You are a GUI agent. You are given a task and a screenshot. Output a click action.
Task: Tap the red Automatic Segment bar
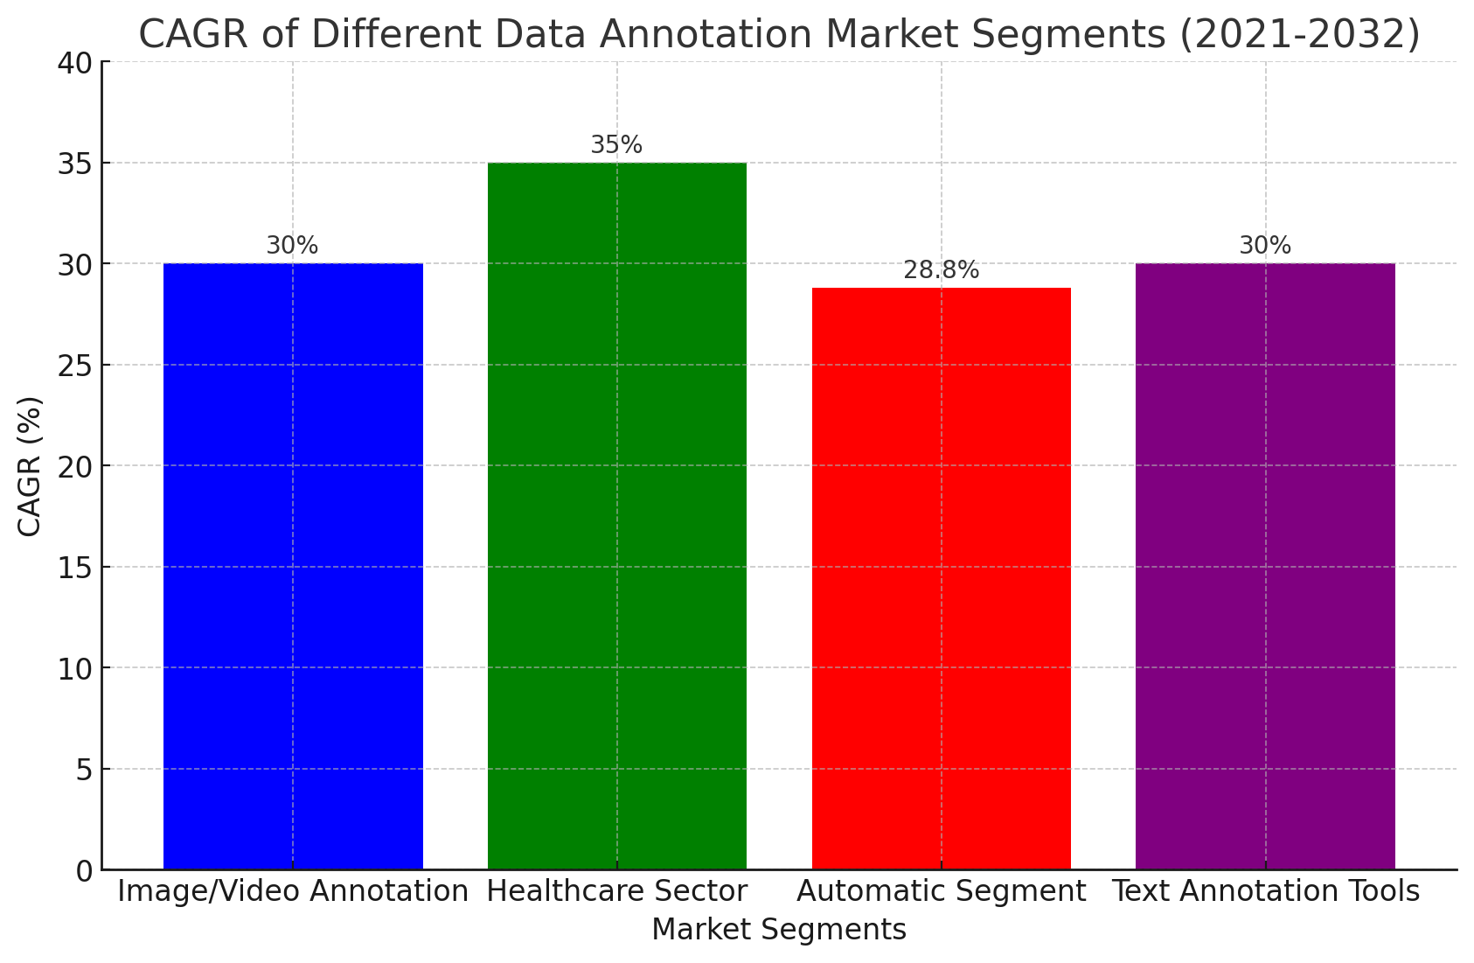(x=941, y=578)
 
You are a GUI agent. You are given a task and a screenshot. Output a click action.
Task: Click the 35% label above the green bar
(x=616, y=145)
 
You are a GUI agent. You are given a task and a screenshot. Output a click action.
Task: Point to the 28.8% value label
(x=941, y=271)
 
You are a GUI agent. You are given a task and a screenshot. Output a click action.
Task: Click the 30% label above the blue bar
(x=292, y=247)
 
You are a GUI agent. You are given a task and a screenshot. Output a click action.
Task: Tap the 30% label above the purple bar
(x=1265, y=247)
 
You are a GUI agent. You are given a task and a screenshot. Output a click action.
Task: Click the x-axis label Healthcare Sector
(x=616, y=892)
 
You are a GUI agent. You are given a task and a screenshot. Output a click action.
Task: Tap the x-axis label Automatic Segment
(x=941, y=892)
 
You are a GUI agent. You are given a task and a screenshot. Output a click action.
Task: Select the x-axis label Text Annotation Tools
(x=1265, y=892)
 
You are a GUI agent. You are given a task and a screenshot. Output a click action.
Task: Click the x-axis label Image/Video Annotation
(x=293, y=892)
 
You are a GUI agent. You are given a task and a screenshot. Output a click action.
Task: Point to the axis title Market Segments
(x=778, y=930)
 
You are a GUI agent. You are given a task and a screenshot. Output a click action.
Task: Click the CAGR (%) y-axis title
(x=30, y=465)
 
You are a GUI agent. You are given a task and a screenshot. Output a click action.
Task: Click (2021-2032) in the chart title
(x=1297, y=35)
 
